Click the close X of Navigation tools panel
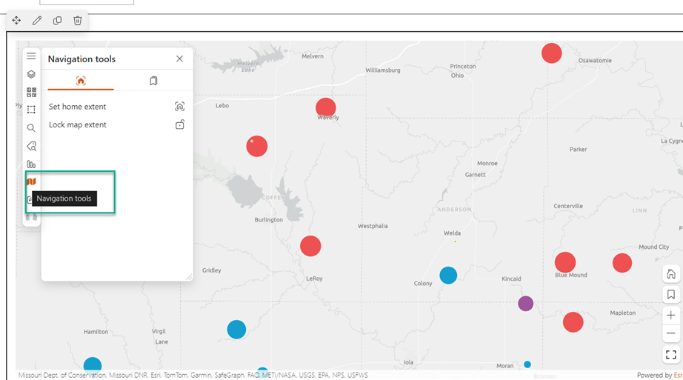(x=179, y=59)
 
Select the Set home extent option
(x=78, y=107)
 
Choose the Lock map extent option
(x=78, y=124)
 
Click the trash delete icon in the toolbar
(x=78, y=21)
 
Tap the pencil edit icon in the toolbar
(x=37, y=21)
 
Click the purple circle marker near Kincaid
(x=525, y=303)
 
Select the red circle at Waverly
(x=326, y=107)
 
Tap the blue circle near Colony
(x=448, y=275)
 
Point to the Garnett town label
(x=475, y=175)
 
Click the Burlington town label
(x=269, y=220)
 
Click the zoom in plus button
(x=670, y=315)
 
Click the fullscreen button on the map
(x=670, y=355)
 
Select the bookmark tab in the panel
(x=153, y=81)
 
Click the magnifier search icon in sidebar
(x=31, y=128)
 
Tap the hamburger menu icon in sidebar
(x=31, y=56)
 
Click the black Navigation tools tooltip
(x=64, y=199)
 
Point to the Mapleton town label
(x=623, y=313)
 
